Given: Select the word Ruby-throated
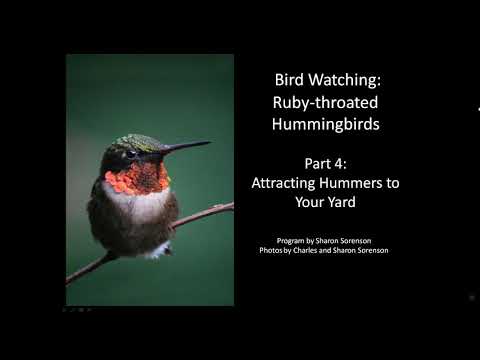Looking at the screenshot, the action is pyautogui.click(x=325, y=102).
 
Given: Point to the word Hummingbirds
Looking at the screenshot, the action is pyautogui.click(x=326, y=124).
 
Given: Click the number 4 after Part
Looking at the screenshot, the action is pyautogui.click(x=339, y=164).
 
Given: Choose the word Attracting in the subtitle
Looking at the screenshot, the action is pyautogui.click(x=283, y=184).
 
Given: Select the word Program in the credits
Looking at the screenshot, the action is pyautogui.click(x=290, y=241).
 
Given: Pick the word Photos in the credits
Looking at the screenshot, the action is pyautogui.click(x=271, y=250).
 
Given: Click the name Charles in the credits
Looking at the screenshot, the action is pyautogui.click(x=305, y=250).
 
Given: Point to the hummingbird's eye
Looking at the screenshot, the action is pyautogui.click(x=131, y=154).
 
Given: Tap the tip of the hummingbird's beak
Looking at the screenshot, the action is pyautogui.click(x=211, y=142).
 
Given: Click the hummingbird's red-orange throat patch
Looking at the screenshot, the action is pyautogui.click(x=137, y=179).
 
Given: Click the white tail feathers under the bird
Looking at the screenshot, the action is pyautogui.click(x=159, y=250).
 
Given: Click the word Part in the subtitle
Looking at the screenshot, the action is pyautogui.click(x=318, y=164).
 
